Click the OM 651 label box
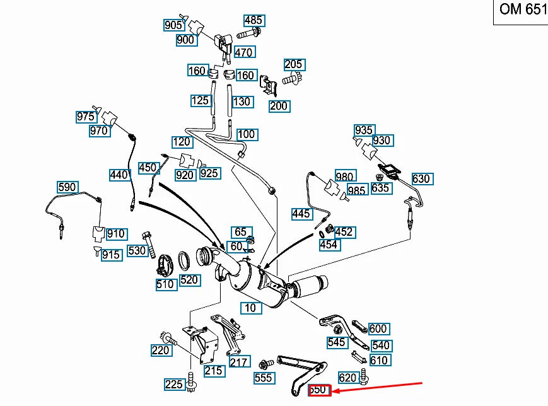coord(520,11)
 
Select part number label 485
coord(254,21)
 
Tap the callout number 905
coord(173,25)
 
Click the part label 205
coord(294,64)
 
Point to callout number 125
coord(201,101)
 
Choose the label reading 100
coord(246,134)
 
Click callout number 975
coord(86,117)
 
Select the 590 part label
coord(67,187)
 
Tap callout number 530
coord(137,250)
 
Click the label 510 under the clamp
coord(165,284)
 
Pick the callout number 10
coord(250,308)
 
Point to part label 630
coord(421,179)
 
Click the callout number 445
coord(301,214)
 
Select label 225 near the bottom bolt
coord(174,384)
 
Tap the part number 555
coord(264,378)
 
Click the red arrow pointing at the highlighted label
coord(378,387)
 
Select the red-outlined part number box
coord(319,390)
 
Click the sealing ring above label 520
coord(186,258)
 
